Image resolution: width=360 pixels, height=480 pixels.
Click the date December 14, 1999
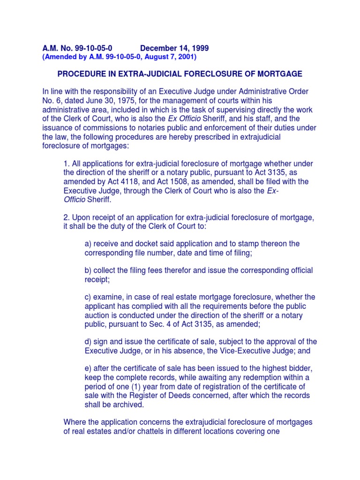pyautogui.click(x=174, y=48)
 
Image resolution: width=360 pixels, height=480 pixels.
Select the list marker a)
pyautogui.click(x=88, y=244)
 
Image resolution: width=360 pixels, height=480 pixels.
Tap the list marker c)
pyautogui.click(x=88, y=297)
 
